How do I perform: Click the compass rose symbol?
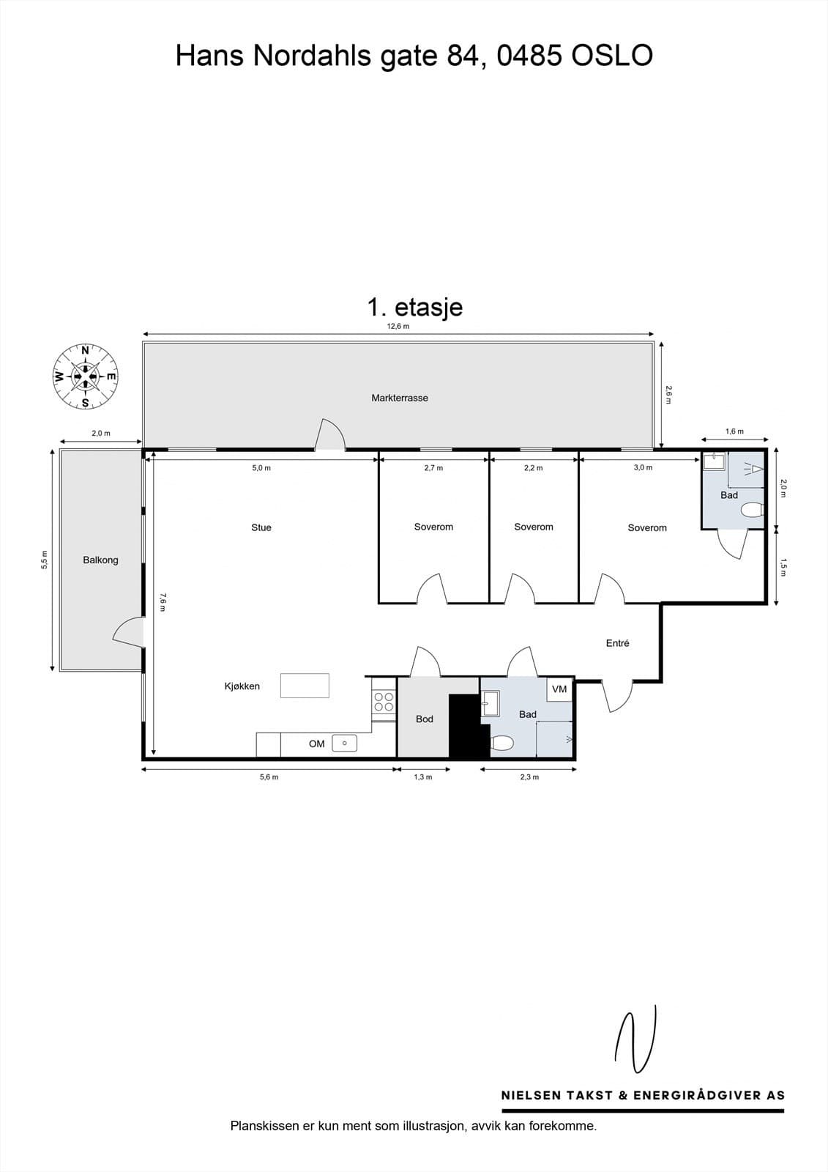[85, 377]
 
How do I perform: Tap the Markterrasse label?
[400, 398]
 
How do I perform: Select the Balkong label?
[100, 560]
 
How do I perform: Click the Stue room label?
[261, 527]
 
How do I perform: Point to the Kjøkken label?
[242, 686]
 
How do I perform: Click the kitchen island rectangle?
[305, 686]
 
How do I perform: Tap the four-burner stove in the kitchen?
[384, 702]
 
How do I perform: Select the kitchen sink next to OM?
[345, 743]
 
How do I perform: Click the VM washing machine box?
[559, 689]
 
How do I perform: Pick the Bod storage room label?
[424, 719]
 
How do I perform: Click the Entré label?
[617, 643]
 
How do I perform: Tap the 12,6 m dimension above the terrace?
[398, 326]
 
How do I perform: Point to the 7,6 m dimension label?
[163, 602]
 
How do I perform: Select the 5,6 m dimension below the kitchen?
[269, 777]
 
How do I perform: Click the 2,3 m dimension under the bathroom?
[529, 777]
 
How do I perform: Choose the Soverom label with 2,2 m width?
[534, 527]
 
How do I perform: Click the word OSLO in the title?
[612, 56]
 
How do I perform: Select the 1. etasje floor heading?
[415, 307]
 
